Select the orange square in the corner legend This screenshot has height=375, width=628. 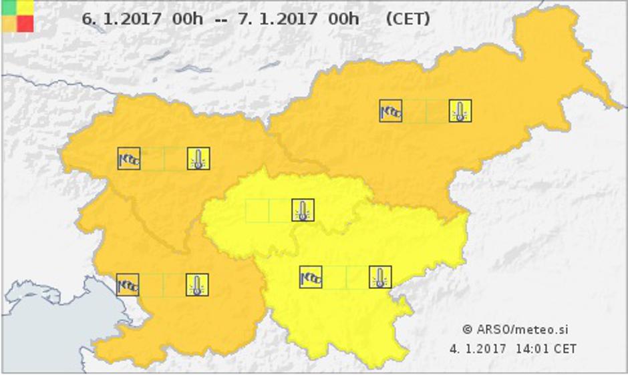9,23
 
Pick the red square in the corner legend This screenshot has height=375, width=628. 25,23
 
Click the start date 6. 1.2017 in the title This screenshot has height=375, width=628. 121,19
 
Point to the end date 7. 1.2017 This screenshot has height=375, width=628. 278,19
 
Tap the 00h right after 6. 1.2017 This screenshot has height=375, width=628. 187,19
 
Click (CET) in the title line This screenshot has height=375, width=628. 408,19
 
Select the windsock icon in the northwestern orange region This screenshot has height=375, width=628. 129,159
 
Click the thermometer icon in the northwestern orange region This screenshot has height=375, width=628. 198,159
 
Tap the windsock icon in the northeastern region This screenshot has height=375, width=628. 391,111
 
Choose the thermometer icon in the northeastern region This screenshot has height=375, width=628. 460,111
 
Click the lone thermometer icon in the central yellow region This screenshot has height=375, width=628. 303,211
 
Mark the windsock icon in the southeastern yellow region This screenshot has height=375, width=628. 311,277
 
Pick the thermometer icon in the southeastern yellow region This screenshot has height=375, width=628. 380,277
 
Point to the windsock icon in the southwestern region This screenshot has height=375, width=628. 128,285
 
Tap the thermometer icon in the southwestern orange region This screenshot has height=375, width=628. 197,285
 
